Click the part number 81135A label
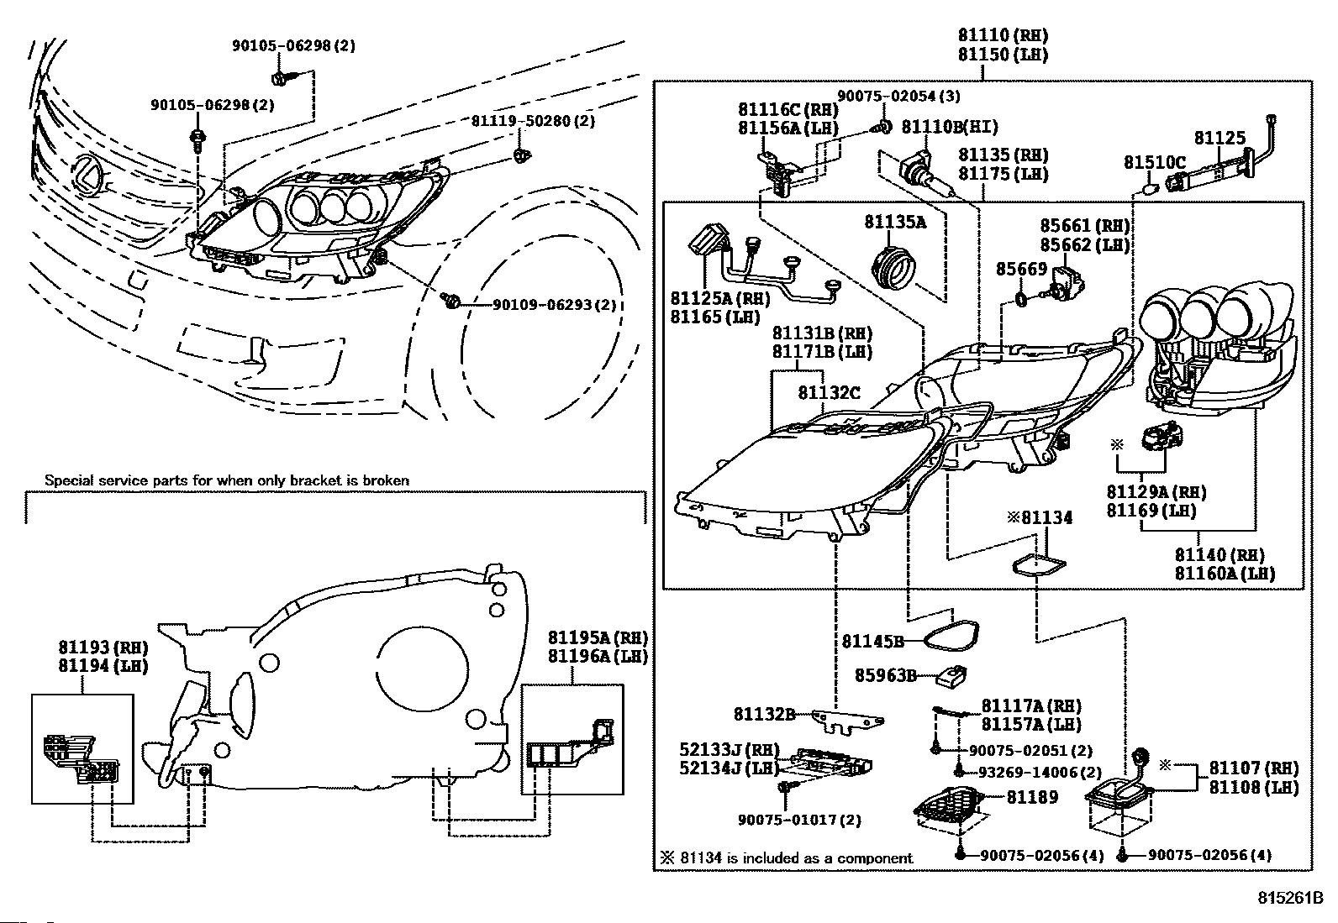(895, 222)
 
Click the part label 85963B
(885, 674)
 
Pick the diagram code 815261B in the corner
(1290, 898)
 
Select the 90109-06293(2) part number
(554, 305)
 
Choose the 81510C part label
(1155, 162)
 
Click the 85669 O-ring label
(1021, 269)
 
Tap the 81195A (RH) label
(598, 638)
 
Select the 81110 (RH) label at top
(1003, 35)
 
